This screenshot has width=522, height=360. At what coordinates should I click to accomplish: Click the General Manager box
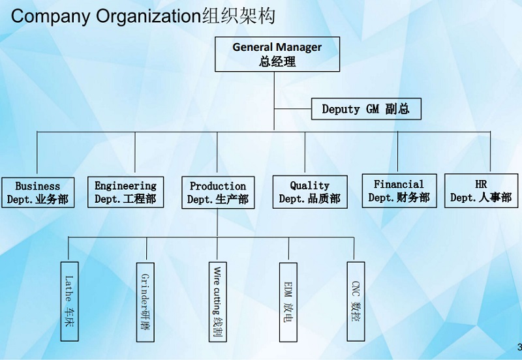pyautogui.click(x=277, y=54)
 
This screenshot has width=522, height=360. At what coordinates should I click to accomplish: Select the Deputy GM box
pyautogui.click(x=365, y=109)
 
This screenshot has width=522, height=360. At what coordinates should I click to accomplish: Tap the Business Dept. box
pyautogui.click(x=38, y=192)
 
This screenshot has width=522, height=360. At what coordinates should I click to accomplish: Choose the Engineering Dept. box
pyautogui.click(x=125, y=192)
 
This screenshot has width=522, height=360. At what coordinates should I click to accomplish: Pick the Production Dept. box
pyautogui.click(x=217, y=192)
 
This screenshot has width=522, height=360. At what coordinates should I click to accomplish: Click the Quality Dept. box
pyautogui.click(x=309, y=192)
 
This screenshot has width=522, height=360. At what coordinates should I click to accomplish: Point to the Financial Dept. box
pyautogui.click(x=399, y=191)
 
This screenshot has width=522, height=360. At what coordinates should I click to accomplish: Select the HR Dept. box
pyautogui.click(x=481, y=191)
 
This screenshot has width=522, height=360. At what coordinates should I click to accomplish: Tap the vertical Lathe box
pyautogui.click(x=69, y=301)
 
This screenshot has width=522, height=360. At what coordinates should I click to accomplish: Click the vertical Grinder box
pyautogui.click(x=146, y=301)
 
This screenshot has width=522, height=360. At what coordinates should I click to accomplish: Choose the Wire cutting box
pyautogui.click(x=218, y=301)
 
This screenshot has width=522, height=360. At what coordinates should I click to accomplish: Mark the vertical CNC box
pyautogui.click(x=355, y=301)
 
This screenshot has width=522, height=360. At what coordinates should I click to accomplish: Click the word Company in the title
pyautogui.click(x=51, y=17)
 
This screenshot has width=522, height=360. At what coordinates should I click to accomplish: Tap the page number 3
pyautogui.click(x=519, y=346)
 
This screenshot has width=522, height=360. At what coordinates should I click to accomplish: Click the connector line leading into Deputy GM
pyautogui.click(x=294, y=109)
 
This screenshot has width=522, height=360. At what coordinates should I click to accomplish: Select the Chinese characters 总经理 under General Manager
pyautogui.click(x=277, y=62)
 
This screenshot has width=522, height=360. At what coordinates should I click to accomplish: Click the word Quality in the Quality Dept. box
pyautogui.click(x=309, y=186)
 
